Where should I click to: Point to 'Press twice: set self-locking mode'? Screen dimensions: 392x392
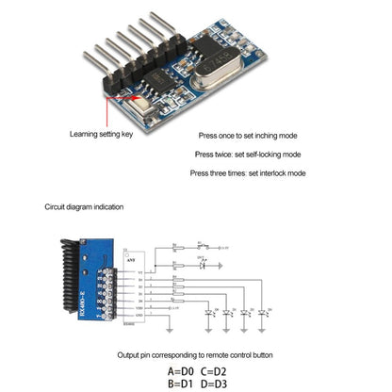tap(248, 154)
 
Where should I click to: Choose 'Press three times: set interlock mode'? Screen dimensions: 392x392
tap(247, 172)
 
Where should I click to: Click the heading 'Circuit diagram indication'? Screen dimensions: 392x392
tap(84, 206)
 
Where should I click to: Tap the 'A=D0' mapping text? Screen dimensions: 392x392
tap(184, 370)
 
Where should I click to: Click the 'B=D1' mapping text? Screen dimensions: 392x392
tap(184, 384)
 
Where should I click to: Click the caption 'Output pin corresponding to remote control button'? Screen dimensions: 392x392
tap(195, 354)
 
